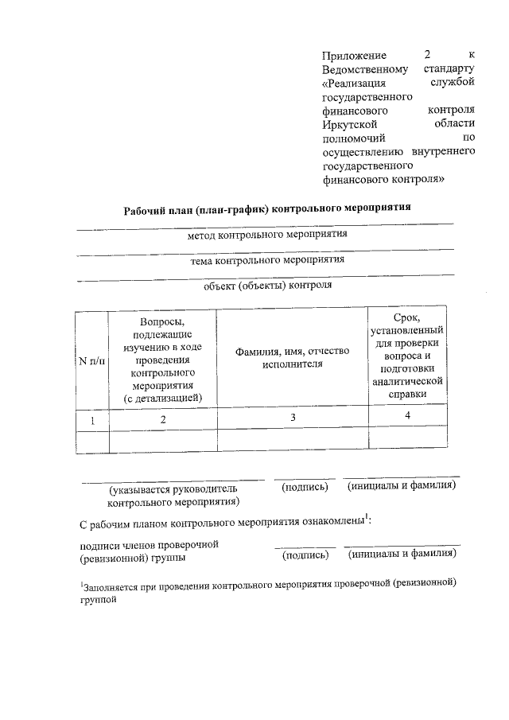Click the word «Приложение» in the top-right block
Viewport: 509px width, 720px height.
[354, 56]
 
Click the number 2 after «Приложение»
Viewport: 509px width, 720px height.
[427, 55]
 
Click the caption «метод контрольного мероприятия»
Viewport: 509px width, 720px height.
[266, 235]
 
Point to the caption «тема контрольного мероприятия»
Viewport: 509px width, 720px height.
[266, 260]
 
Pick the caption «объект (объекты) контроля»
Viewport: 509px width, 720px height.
[266, 284]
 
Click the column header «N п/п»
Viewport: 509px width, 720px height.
[91, 360]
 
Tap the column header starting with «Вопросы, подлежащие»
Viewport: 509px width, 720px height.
[162, 359]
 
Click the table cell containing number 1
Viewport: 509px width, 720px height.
[91, 419]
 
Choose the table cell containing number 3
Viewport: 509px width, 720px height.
[293, 418]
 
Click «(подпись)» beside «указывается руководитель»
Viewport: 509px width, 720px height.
[305, 487]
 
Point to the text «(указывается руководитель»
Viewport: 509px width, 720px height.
[173, 491]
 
